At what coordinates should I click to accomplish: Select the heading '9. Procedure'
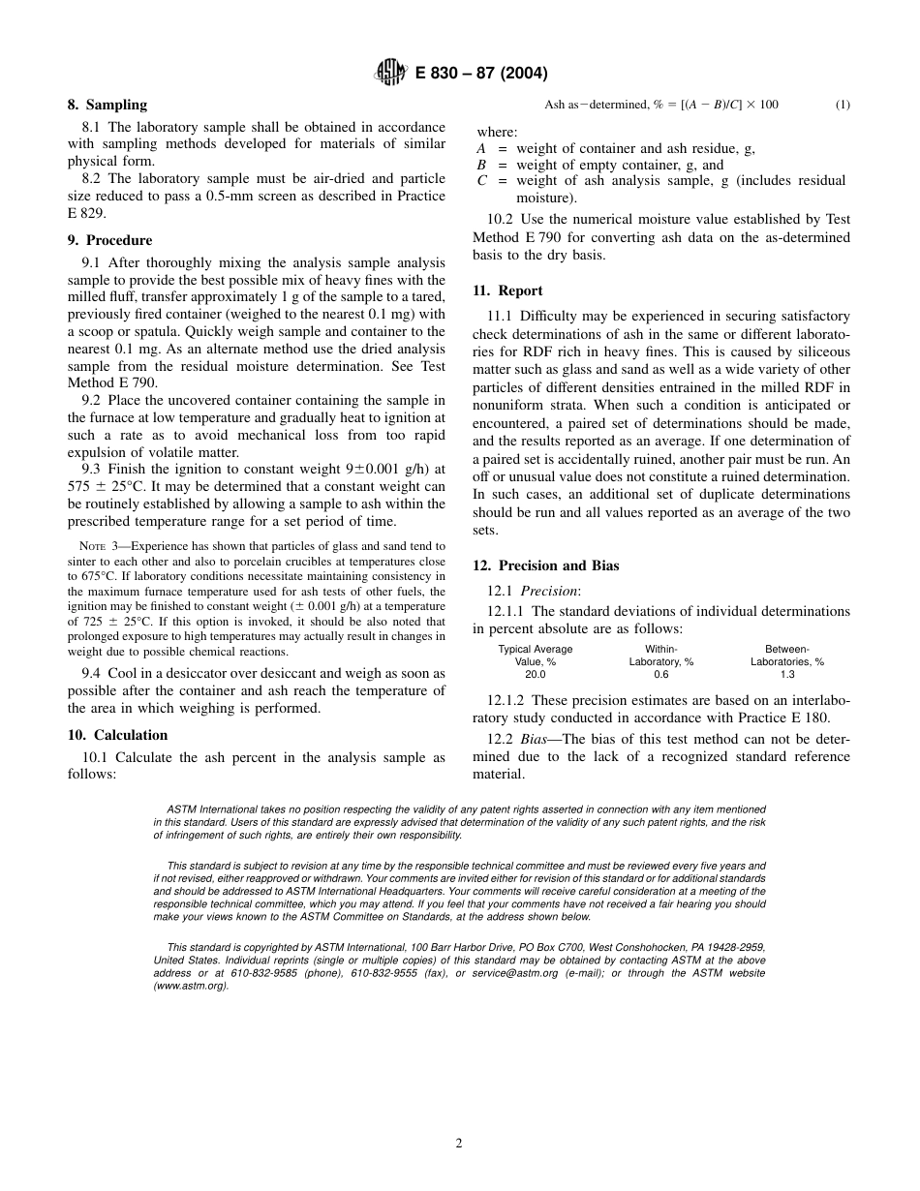point(109,240)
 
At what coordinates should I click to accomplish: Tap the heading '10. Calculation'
point(117,735)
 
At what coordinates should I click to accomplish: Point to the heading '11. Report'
point(507,290)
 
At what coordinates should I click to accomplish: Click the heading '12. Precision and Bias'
point(545,565)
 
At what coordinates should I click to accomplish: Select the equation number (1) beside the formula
point(842,105)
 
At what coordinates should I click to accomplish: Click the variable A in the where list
point(481,149)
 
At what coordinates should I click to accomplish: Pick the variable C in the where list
point(481,181)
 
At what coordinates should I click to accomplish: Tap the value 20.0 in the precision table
point(535,675)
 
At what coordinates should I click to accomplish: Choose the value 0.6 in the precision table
point(660,675)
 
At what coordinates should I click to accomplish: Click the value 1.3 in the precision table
point(786,675)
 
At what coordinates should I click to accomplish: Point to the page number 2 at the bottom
point(459,1143)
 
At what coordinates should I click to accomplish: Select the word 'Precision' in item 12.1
point(548,591)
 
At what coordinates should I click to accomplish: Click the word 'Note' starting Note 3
point(92,546)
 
